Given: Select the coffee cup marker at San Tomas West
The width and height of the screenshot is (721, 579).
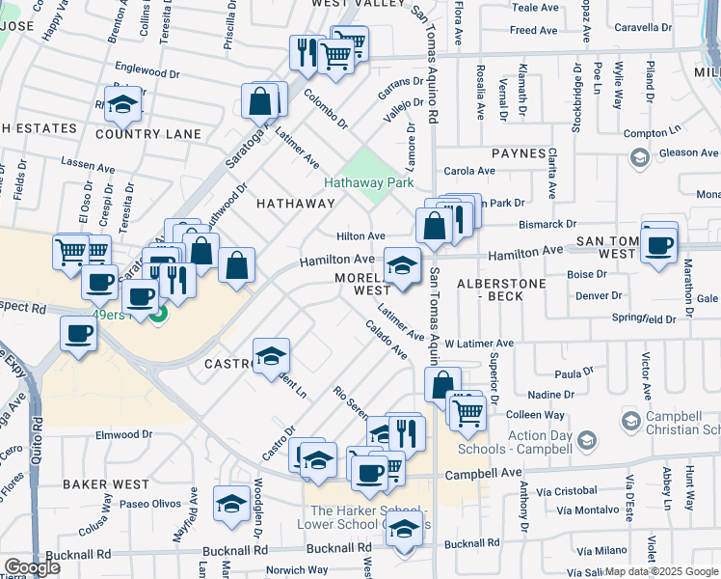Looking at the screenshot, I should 659,244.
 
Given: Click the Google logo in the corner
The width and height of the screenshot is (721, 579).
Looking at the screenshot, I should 32,567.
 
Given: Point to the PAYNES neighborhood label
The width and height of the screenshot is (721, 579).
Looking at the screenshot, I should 519,153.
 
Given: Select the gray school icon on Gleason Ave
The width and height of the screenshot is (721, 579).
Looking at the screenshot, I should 638,156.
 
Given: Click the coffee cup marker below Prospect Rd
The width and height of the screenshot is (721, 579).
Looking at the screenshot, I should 78,335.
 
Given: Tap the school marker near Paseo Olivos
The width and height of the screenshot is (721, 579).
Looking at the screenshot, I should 231,503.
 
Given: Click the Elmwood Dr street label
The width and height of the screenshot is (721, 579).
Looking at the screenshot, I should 118,435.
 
